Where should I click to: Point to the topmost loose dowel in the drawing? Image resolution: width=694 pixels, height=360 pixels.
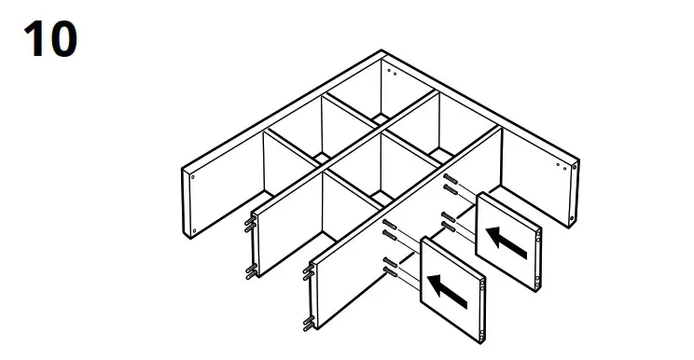[x=451, y=179]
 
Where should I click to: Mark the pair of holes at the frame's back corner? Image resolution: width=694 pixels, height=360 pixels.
[x=391, y=72]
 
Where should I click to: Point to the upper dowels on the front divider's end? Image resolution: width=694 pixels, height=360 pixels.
[x=306, y=272]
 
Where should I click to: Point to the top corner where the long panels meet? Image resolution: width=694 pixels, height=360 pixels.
[x=383, y=52]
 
